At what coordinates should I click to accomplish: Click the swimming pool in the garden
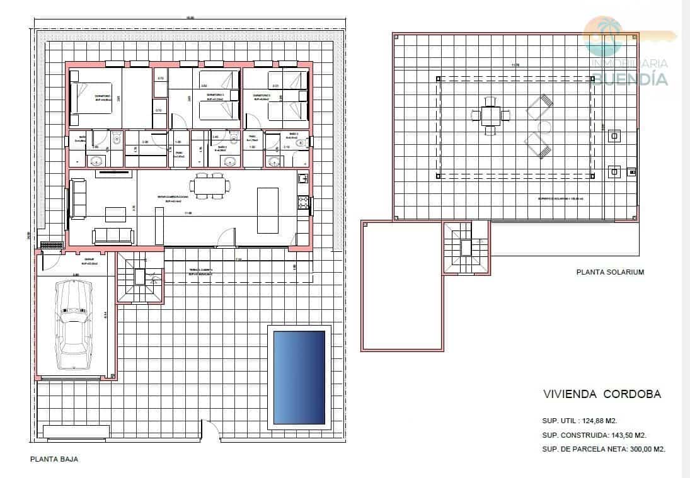click(x=299, y=377)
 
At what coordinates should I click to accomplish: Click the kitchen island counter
click(x=267, y=210)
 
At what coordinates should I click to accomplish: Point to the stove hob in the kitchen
click(x=303, y=202)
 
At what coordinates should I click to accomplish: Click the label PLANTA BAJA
click(x=54, y=460)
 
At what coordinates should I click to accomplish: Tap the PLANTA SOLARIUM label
click(x=610, y=273)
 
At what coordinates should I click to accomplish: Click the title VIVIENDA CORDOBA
click(x=602, y=395)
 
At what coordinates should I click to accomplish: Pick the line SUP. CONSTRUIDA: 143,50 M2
click(x=594, y=435)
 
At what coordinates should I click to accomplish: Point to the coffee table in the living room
click(x=115, y=214)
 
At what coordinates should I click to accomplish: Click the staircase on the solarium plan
click(x=466, y=248)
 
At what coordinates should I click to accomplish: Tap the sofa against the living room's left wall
click(x=79, y=199)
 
